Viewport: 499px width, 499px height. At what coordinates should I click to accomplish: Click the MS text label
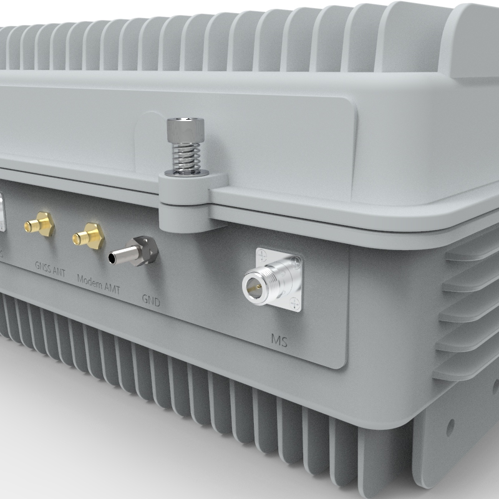279,341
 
